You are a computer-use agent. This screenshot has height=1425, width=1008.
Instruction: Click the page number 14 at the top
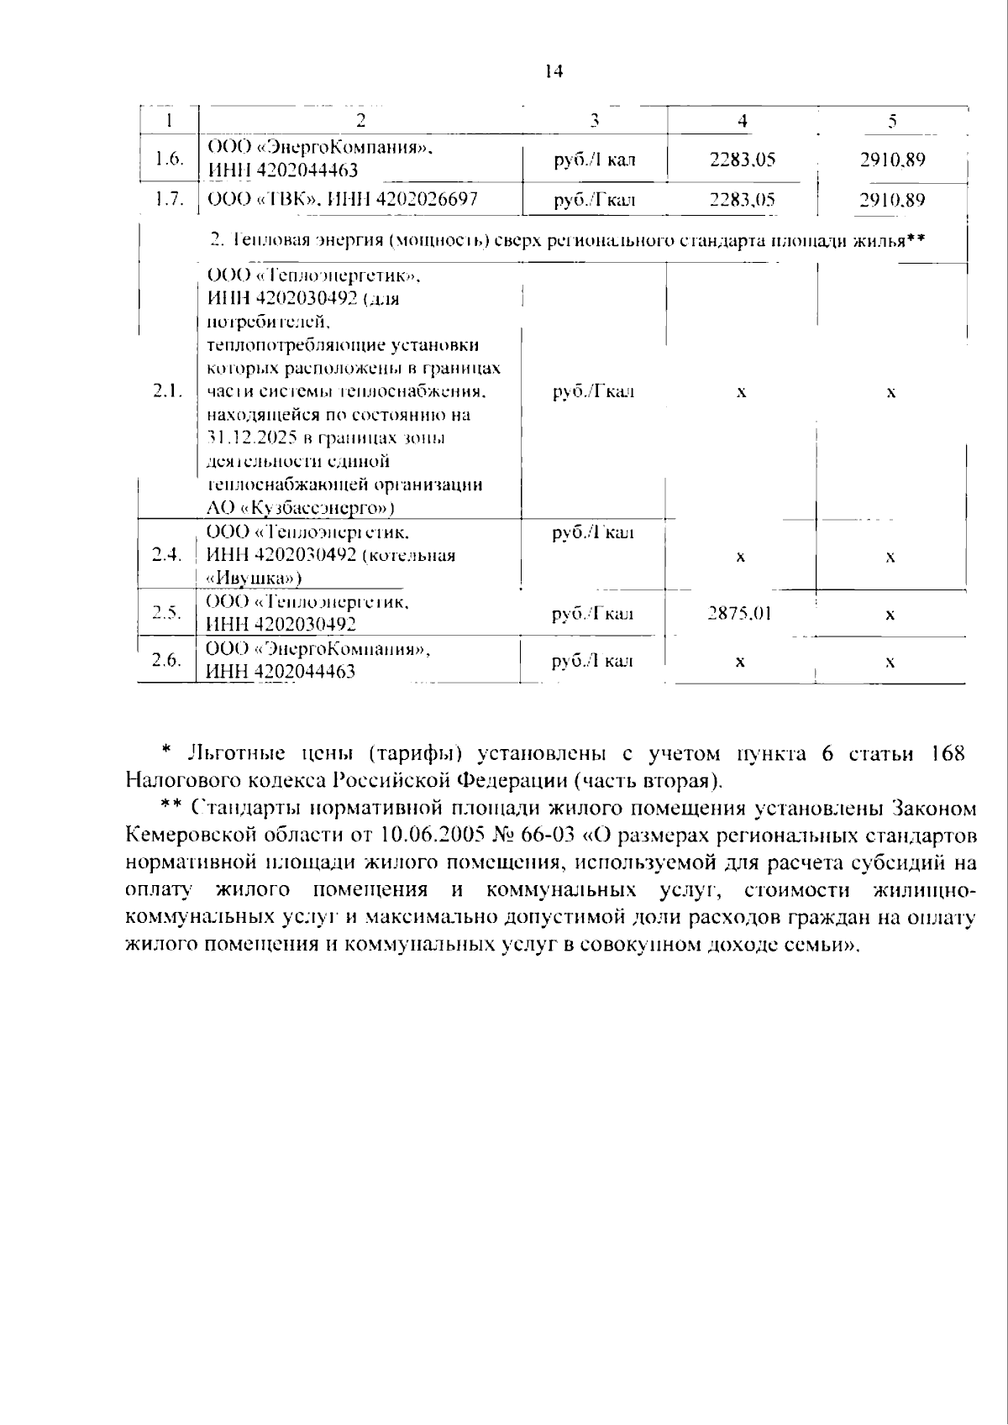(553, 71)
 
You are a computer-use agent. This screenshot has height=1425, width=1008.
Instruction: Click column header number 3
(594, 120)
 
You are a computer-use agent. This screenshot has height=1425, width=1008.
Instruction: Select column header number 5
(892, 120)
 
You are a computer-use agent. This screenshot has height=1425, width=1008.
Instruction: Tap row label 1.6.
(170, 159)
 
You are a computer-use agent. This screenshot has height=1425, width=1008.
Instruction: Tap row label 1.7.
(170, 200)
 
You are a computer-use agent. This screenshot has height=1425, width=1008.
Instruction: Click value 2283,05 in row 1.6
(742, 160)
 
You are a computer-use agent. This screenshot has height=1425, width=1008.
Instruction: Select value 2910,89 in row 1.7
(892, 200)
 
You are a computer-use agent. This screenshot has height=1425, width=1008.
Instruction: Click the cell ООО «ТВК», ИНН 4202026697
(342, 200)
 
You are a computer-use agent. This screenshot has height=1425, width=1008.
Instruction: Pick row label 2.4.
(167, 555)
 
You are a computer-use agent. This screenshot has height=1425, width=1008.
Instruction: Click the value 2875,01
(739, 614)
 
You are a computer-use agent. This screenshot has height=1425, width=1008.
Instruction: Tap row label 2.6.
(167, 661)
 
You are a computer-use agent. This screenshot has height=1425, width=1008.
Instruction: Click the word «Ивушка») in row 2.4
(255, 579)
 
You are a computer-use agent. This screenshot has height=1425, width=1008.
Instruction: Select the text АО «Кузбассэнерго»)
(301, 508)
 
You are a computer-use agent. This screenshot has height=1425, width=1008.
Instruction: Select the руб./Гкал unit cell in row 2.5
(593, 614)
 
